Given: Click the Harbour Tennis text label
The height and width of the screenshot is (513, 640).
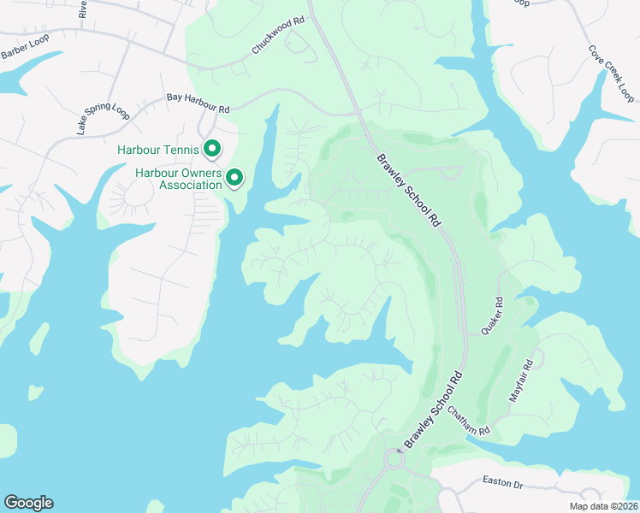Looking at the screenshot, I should tap(157, 150).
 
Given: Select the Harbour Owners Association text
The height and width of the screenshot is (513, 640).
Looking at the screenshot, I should tap(178, 179).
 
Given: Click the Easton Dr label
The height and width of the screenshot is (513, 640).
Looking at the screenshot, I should tap(502, 484).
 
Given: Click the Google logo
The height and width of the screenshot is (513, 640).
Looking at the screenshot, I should tap(27, 503).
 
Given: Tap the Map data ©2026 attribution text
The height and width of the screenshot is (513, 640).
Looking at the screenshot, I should tap(602, 506).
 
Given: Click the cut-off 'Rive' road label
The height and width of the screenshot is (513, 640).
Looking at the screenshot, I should tap(83, 9).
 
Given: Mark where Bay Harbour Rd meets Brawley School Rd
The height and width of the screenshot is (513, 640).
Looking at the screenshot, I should tap(359, 113).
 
